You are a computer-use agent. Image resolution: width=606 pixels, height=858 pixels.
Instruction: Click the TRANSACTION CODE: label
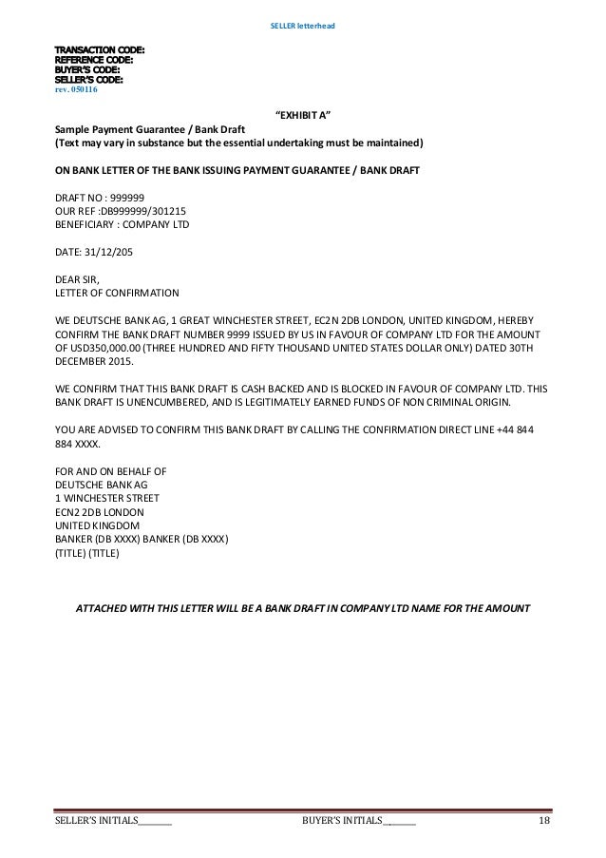click(91, 49)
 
